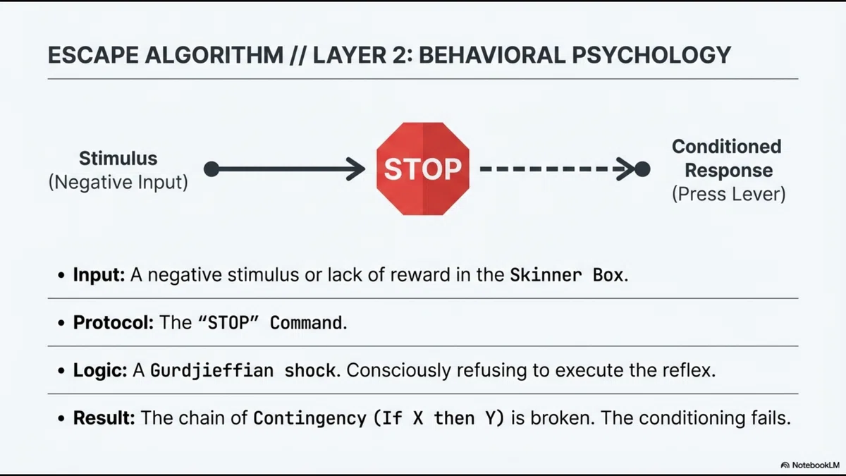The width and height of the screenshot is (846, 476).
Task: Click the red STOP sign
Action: (x=422, y=169)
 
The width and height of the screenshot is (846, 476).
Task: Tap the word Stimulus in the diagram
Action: (x=118, y=158)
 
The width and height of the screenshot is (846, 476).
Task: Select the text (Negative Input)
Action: (x=118, y=182)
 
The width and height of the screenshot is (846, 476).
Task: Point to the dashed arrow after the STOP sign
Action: (x=558, y=169)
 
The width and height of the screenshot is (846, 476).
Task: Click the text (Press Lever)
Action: (x=728, y=194)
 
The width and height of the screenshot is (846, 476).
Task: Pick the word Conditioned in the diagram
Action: (x=727, y=147)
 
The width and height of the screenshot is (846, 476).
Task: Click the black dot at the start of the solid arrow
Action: (x=211, y=169)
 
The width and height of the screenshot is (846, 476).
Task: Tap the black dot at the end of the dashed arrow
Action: (x=642, y=169)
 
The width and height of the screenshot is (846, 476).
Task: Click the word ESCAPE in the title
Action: (x=93, y=55)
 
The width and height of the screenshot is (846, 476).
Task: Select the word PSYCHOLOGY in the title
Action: (x=651, y=55)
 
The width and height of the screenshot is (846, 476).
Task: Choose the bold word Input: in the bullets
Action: (x=99, y=274)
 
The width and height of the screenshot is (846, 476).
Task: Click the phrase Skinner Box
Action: (x=567, y=274)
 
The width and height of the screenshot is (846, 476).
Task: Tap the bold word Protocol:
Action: (x=114, y=323)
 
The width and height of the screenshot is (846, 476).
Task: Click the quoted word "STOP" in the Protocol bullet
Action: (x=228, y=323)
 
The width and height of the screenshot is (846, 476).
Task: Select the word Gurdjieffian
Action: (x=212, y=370)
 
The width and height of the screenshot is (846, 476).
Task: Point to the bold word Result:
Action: (x=104, y=417)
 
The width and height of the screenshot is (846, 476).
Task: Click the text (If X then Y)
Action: (x=439, y=418)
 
